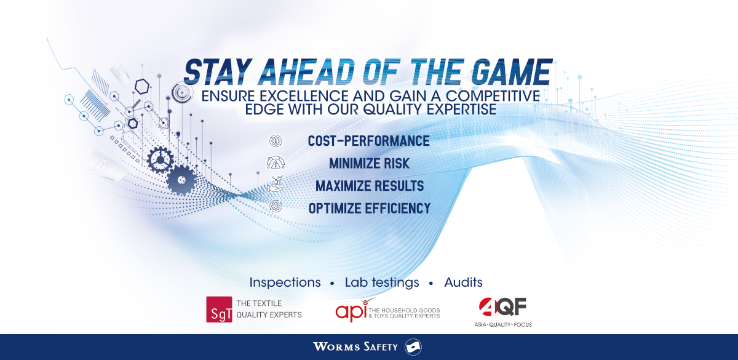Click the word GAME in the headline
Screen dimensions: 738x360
coord(512,72)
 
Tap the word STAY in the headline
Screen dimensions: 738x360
coord(218,72)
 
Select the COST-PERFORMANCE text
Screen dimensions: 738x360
coord(368,141)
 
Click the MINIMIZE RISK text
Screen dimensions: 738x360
coord(369,164)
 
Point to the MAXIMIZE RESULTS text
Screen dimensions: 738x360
coord(370,186)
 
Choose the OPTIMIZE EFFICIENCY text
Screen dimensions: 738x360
coord(370,209)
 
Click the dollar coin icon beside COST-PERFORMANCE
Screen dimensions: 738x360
coord(276,141)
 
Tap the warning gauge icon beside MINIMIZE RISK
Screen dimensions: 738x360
coord(276,163)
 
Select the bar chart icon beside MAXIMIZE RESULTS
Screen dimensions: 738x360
coord(276,183)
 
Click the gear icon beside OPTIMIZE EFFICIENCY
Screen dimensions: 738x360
coord(276,206)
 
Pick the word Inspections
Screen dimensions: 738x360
coord(285,282)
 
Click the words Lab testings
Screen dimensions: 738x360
coord(382,283)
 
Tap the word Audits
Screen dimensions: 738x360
coord(463,282)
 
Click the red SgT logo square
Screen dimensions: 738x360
coord(219,309)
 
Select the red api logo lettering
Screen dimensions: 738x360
coord(351,311)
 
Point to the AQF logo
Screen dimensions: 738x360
coord(503,312)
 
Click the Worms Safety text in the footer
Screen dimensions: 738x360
coord(355,347)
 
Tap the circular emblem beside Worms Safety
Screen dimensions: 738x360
coord(413,347)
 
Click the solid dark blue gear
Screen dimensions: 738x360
coord(181,180)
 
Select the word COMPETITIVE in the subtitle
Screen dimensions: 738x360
coord(493,96)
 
